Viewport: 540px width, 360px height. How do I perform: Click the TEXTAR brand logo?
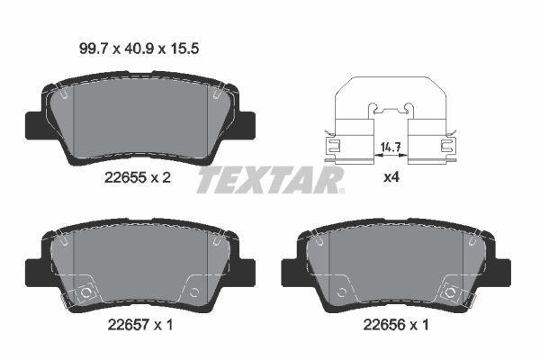[x=270, y=179]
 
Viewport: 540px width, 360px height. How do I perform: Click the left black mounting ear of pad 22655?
[x=31, y=123]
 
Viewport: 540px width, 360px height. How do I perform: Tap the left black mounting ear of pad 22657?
[x=31, y=267]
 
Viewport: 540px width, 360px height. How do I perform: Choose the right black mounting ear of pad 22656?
[x=504, y=268]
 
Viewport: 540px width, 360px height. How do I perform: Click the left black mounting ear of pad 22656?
[x=290, y=268]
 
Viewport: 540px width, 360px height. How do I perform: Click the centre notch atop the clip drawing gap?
[x=390, y=111]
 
